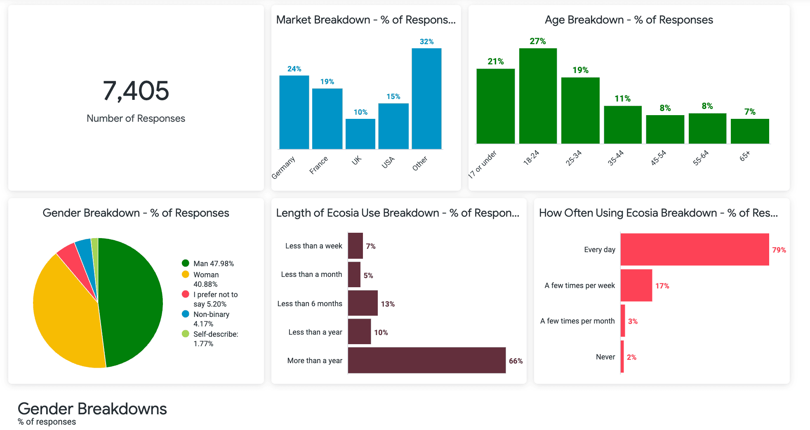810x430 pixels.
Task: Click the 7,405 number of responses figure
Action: pos(136,91)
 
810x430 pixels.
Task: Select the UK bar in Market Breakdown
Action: pos(360,134)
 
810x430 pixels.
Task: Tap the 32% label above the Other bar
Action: pos(426,42)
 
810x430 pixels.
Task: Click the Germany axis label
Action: pos(283,167)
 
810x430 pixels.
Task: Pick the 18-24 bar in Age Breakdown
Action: pos(538,96)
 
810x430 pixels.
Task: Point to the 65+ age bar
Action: pos(750,131)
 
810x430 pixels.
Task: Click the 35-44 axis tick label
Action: pos(615,158)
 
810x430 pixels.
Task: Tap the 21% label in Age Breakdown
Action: pos(495,61)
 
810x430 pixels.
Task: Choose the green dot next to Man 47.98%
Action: pos(186,263)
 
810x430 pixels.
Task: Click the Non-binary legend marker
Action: pos(186,314)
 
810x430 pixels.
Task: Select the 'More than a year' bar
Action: pos(426,360)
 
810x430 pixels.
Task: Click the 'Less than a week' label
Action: pos(313,246)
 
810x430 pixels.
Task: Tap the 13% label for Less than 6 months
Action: pos(388,304)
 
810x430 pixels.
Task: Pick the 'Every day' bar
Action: pos(695,249)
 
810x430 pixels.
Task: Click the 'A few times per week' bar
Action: pos(636,285)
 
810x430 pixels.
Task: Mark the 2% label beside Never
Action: pos(631,357)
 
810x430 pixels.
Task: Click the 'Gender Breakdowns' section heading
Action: pos(92,409)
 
